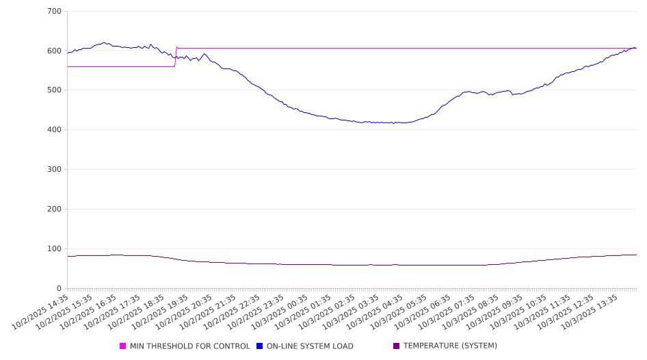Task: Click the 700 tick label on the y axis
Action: coord(55,12)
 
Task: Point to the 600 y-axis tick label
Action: coord(55,51)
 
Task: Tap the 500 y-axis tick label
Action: coord(55,90)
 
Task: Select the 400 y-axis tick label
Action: coord(55,130)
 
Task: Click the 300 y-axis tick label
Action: coord(55,170)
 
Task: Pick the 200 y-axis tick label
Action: coord(55,209)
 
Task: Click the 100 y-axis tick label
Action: coord(55,249)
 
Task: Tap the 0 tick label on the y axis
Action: coord(60,288)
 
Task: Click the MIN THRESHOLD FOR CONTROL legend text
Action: coord(189,346)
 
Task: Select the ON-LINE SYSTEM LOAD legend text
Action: coord(310,346)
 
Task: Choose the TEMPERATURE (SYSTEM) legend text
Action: coord(450,346)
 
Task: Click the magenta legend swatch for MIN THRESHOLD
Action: coord(123,346)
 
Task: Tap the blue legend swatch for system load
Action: coord(260,346)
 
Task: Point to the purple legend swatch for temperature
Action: coord(397,346)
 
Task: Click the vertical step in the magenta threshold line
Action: coord(176,57)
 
